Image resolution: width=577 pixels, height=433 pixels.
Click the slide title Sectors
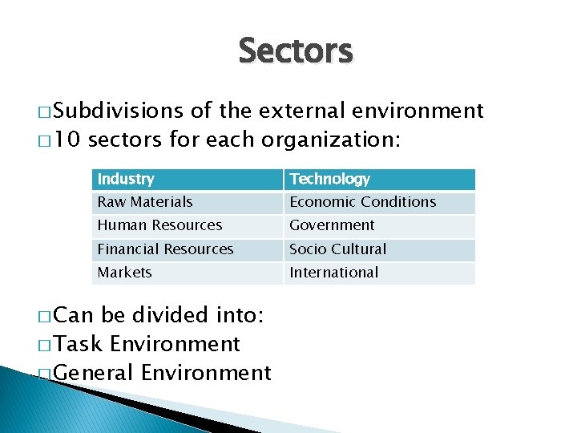pyautogui.click(x=295, y=51)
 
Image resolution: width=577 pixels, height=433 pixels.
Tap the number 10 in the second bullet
pyautogui.click(x=67, y=140)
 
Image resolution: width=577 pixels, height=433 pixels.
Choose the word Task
pyautogui.click(x=79, y=344)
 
